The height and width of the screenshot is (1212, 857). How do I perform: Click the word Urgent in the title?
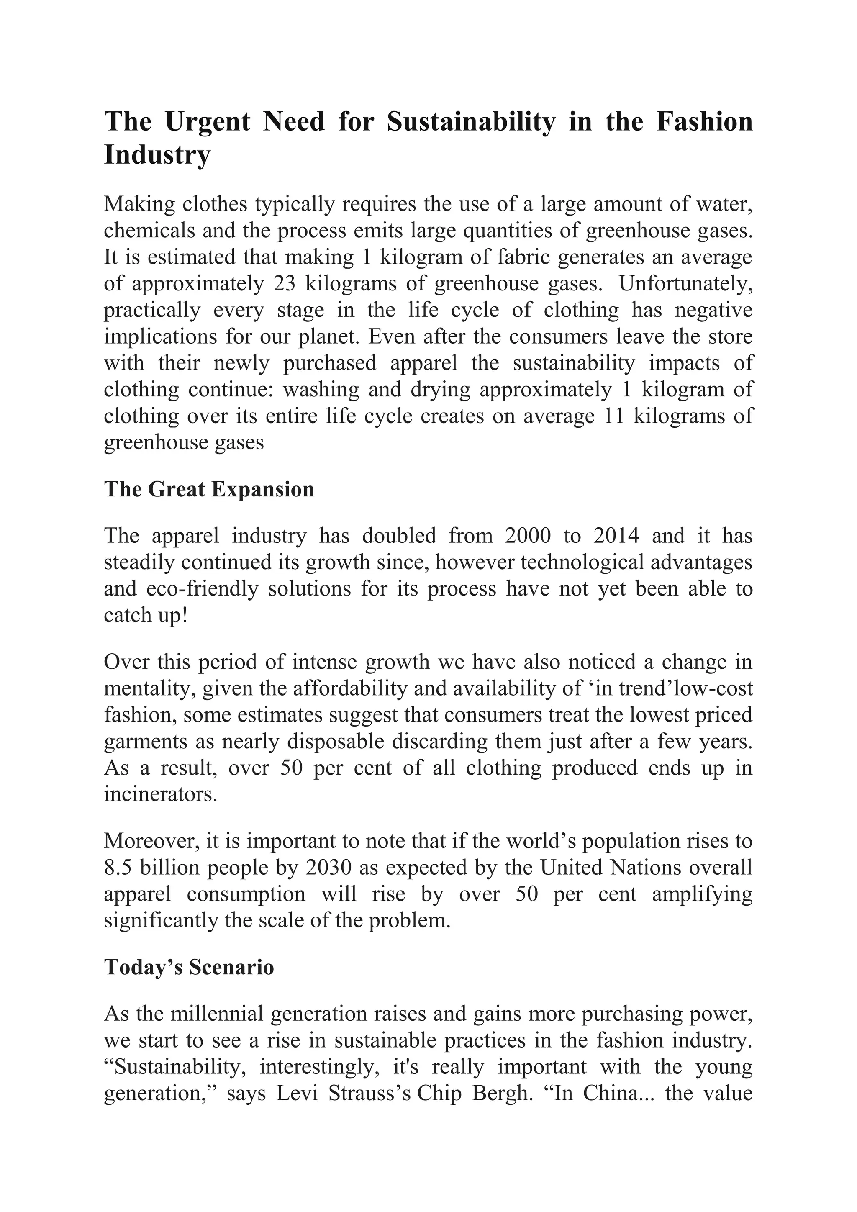click(208, 122)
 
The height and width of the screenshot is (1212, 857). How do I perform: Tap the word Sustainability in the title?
click(471, 122)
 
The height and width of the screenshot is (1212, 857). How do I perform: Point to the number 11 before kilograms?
click(613, 416)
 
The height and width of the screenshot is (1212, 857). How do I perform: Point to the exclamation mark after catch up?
click(184, 616)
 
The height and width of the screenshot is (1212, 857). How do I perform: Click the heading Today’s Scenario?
click(189, 967)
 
